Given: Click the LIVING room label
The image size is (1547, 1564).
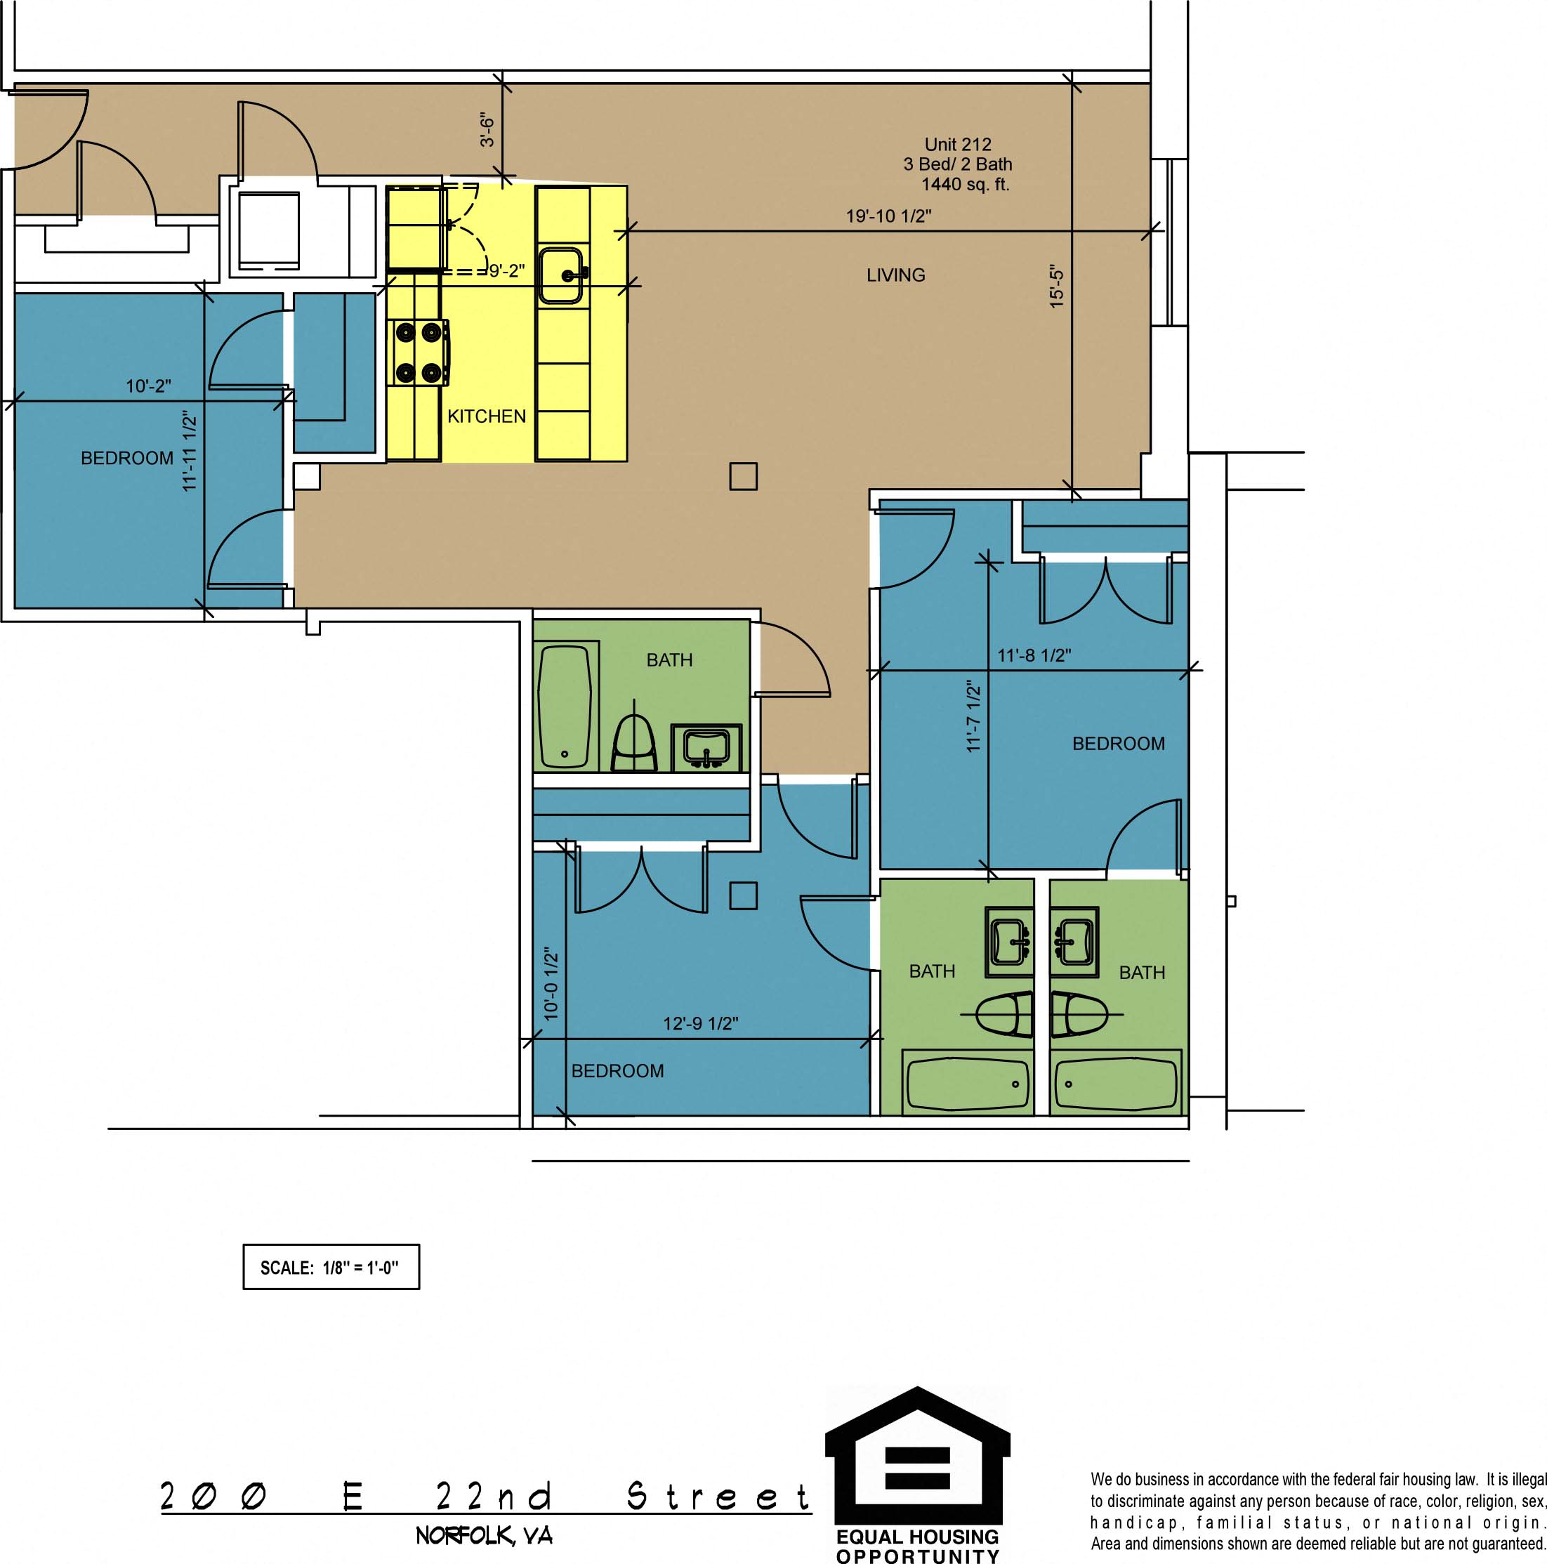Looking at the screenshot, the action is tap(895, 275).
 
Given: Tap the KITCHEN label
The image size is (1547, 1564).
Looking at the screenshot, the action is tap(487, 416).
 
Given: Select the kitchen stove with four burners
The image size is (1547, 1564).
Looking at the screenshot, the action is tap(420, 353).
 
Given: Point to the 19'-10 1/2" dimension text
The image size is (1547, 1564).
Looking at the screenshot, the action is tap(889, 216).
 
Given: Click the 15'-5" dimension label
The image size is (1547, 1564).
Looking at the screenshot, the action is tap(1056, 286).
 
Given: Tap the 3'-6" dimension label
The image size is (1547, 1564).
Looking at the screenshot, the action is tap(487, 129).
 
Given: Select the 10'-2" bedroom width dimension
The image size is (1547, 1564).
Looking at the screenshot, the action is tap(148, 386).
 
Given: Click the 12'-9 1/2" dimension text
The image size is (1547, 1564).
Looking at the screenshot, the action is tap(700, 1023).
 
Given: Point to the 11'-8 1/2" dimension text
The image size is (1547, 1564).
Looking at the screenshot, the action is tap(1034, 655).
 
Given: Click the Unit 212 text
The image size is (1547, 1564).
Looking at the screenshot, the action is tap(958, 144).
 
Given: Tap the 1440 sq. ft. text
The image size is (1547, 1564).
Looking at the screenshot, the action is tap(965, 184).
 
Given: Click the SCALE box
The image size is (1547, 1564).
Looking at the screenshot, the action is tap(331, 1267).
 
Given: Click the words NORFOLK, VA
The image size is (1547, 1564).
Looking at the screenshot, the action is tap(484, 1536).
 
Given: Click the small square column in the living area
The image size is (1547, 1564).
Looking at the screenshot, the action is tap(743, 476).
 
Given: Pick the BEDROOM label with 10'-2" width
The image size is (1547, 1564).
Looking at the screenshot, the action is tap(127, 458).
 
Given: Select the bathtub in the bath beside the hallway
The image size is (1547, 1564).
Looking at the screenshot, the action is tap(565, 706).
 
